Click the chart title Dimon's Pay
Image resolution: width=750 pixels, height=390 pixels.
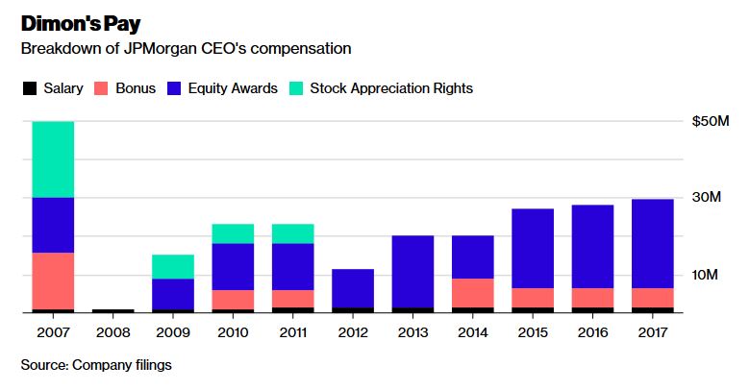81,24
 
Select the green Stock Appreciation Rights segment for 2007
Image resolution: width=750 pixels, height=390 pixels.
53,159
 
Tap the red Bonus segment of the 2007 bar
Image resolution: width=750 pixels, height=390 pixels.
53,281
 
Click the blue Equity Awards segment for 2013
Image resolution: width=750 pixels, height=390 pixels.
412,272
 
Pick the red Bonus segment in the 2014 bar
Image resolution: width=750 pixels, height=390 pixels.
472,293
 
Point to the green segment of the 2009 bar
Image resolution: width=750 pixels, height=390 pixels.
173,267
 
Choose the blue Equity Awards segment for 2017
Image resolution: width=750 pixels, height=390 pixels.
653,244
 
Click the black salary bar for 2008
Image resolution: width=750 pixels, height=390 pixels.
112,310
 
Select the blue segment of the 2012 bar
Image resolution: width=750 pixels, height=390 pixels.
353,288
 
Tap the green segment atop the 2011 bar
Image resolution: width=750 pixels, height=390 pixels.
292,233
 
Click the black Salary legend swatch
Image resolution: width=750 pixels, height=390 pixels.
30,88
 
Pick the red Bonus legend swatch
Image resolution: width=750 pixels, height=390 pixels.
101,88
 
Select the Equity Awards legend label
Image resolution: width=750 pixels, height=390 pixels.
233,88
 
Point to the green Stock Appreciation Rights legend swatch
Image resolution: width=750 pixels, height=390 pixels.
296,88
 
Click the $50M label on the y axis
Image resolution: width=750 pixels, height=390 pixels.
711,121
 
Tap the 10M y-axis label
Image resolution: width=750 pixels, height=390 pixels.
705,275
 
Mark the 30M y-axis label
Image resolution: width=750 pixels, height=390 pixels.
706,197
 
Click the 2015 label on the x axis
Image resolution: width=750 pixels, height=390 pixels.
533,332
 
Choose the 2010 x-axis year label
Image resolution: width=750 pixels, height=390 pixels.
233,332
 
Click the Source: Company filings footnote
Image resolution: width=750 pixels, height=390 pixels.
96,365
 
